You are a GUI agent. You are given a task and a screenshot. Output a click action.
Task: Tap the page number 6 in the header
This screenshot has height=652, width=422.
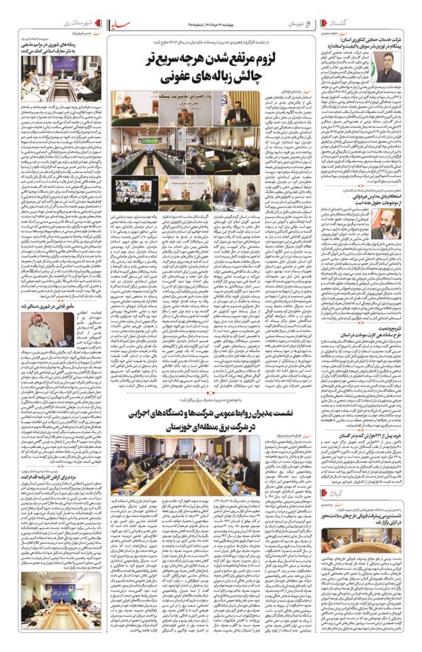point(308,22)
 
